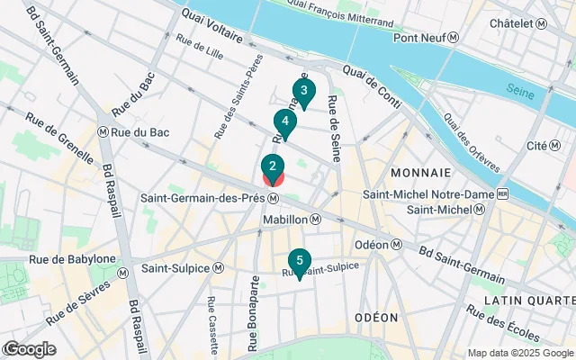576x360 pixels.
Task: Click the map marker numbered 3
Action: (x=303, y=92)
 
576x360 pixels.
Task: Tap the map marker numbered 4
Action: (x=284, y=122)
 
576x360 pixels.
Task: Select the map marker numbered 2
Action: (x=273, y=166)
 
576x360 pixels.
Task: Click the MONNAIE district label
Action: (x=421, y=171)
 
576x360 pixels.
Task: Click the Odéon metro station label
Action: (x=377, y=244)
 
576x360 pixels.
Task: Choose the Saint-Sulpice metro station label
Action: (x=181, y=267)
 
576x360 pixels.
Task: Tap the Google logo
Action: (x=29, y=349)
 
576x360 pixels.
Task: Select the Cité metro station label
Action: (x=544, y=146)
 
